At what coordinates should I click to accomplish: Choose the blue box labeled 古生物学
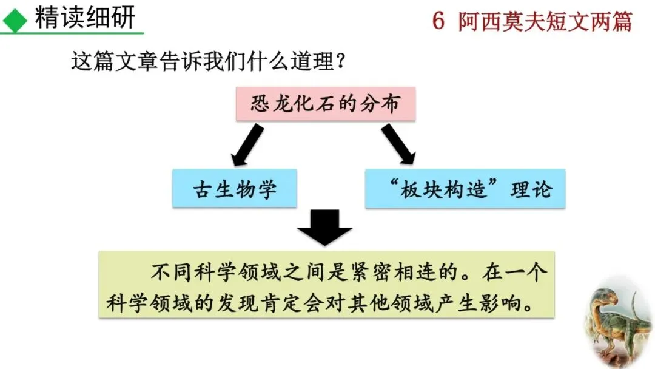pos(235,189)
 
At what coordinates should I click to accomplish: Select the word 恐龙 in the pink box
pos(267,104)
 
